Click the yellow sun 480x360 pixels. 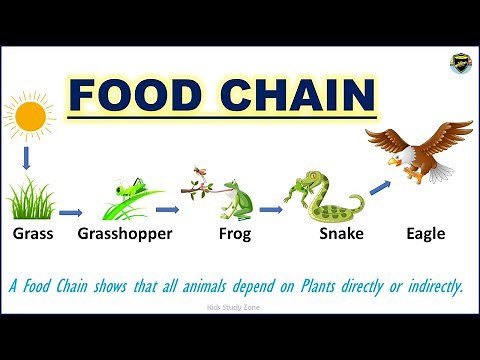30,118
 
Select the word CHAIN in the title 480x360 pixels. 294,97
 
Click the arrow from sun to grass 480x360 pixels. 29,157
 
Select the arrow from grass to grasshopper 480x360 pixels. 70,212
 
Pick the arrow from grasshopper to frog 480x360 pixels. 167,210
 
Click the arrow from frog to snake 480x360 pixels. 270,210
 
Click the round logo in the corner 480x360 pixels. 461,63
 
